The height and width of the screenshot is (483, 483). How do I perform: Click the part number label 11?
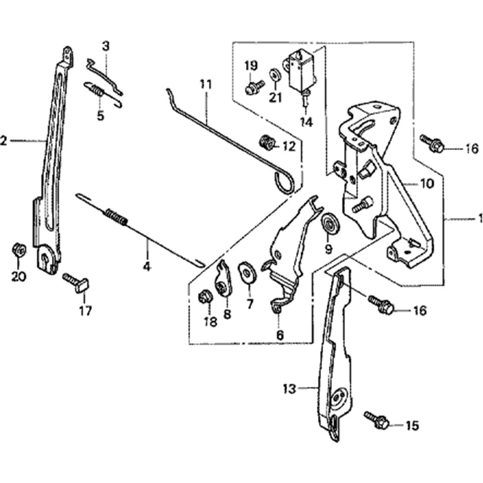pyautogui.click(x=206, y=85)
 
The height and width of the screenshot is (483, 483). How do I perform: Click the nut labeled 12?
pyautogui.click(x=267, y=142)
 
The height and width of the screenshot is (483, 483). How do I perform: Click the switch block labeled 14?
pyautogui.click(x=300, y=72)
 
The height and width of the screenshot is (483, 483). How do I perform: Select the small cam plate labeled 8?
pyautogui.click(x=224, y=279)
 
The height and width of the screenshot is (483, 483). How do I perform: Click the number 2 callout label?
pyautogui.click(x=4, y=141)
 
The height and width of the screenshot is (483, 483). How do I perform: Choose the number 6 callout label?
pyautogui.click(x=280, y=335)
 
